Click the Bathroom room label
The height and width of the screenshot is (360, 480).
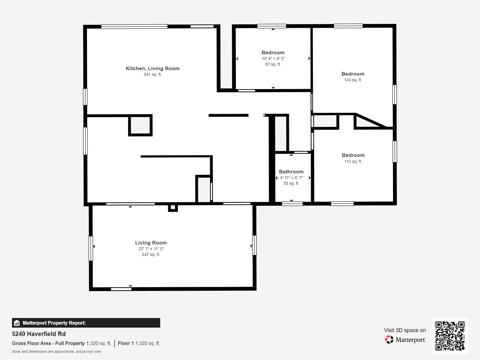coord(291,172)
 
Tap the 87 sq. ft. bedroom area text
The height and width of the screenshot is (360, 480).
coord(273,64)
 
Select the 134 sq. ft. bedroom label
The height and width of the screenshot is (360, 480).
coord(353,74)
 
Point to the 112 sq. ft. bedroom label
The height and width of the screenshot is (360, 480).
coord(353,155)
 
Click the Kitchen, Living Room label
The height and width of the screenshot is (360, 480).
coord(152,68)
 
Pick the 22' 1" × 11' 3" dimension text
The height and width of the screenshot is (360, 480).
coord(151,249)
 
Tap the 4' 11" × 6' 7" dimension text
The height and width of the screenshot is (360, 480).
coord(291,178)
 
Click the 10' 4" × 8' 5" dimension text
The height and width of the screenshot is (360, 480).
coord(273,58)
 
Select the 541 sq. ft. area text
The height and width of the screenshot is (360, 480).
coord(152,74)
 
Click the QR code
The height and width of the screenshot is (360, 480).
coord(450,336)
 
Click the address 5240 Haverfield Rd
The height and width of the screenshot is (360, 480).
coord(39,334)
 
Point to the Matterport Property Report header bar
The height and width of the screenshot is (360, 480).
coord(86,323)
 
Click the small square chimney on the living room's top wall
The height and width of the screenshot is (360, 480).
coord(173,207)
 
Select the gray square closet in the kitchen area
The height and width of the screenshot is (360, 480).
coord(140,125)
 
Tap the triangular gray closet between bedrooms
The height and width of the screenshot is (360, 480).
coord(364,122)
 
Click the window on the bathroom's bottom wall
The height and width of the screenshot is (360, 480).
coord(292,204)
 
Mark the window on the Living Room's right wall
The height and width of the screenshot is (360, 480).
coord(254,245)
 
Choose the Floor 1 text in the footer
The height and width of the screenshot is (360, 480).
coord(125,343)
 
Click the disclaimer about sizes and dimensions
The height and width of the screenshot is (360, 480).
coord(56,352)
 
